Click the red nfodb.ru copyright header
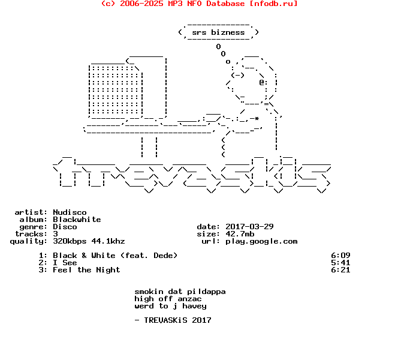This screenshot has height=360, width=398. (x=199, y=4)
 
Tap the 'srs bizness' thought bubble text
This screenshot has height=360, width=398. (x=218, y=32)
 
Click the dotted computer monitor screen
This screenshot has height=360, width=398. (x=116, y=89)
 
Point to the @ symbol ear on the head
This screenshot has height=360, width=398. (x=262, y=82)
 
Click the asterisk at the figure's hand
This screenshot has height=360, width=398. (x=257, y=118)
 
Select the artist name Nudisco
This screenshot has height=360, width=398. (x=70, y=212)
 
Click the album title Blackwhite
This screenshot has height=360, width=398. (x=77, y=219)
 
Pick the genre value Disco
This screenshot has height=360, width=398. (x=65, y=227)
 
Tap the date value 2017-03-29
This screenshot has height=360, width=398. (x=249, y=226)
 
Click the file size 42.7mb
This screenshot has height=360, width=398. (x=240, y=234)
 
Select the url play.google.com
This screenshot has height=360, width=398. (x=261, y=241)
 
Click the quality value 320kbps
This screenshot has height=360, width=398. (x=70, y=241)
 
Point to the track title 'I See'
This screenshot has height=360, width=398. (x=65, y=262)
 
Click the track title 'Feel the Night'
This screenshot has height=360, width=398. (x=86, y=270)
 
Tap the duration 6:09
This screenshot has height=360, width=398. (x=340, y=256)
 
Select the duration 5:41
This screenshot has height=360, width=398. (x=340, y=262)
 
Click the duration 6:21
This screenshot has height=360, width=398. (x=340, y=270)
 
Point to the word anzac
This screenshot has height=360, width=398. (x=189, y=299)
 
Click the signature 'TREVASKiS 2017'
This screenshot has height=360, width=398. (x=177, y=320)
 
